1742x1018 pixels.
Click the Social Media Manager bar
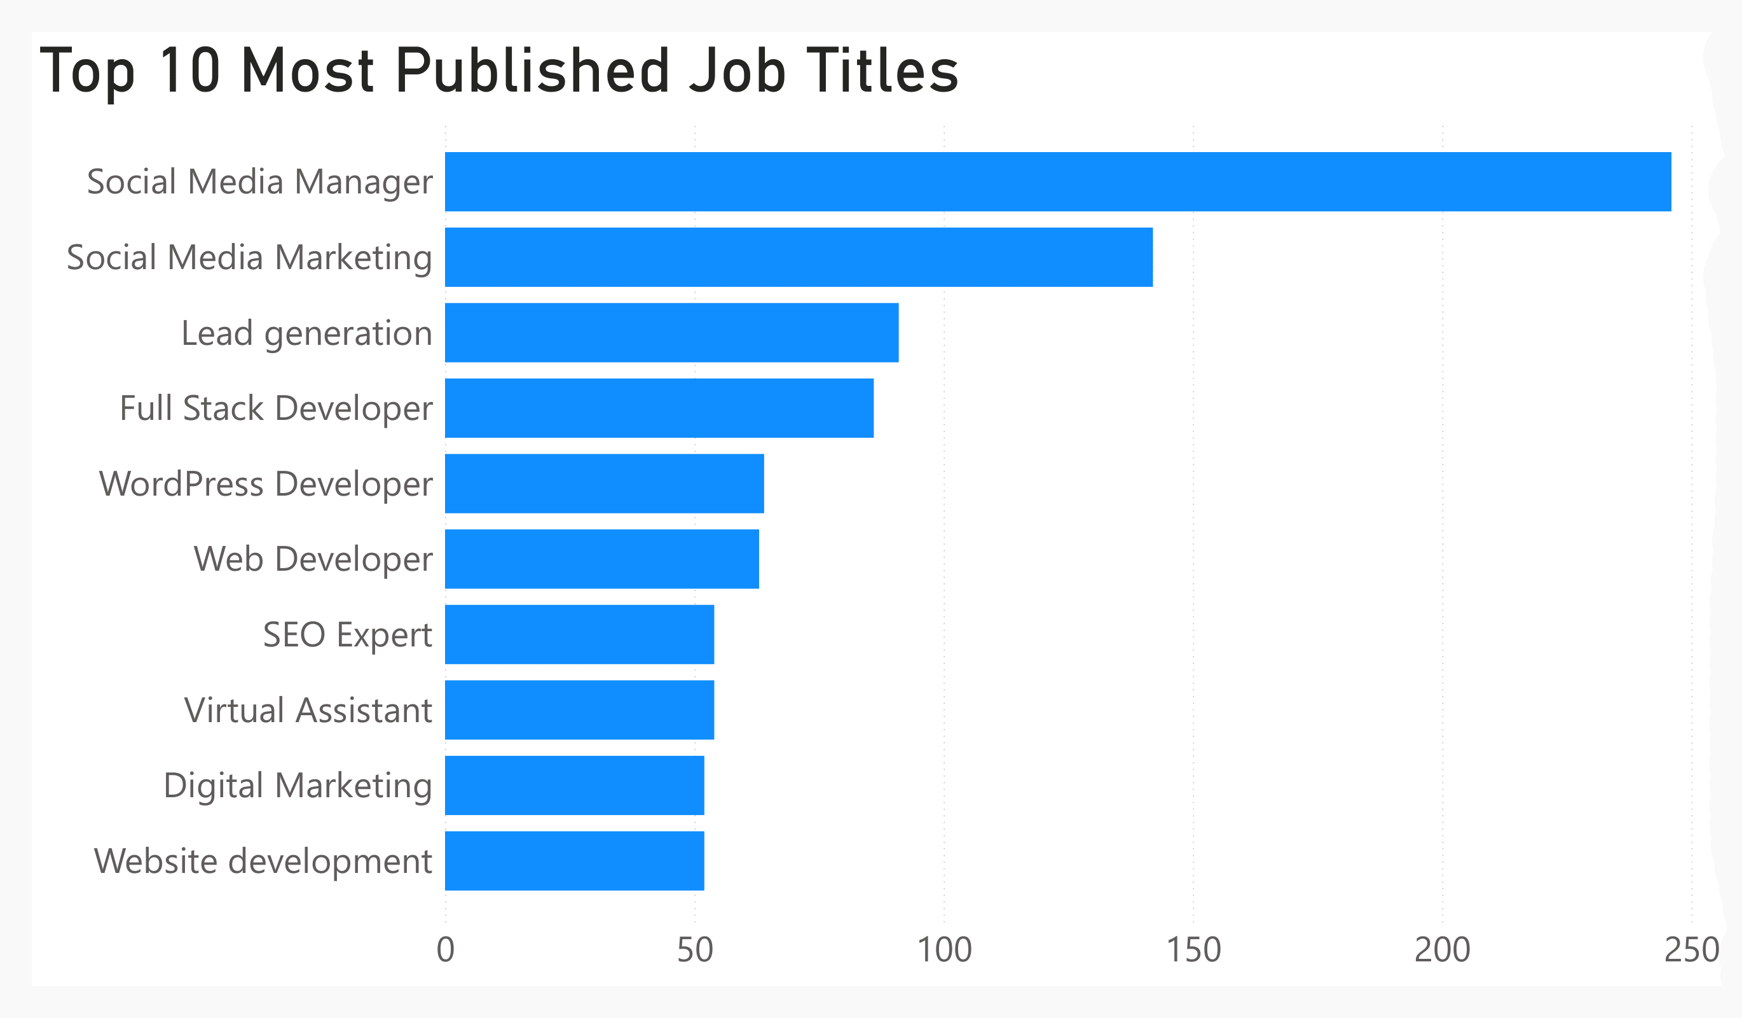1058,182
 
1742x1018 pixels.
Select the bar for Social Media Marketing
799,257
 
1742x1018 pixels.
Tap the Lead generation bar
671,333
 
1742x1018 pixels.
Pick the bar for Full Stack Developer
659,408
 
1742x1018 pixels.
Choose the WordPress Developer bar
604,484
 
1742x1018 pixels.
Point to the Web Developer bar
601,559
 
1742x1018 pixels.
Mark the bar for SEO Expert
579,634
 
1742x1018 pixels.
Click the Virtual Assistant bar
579,709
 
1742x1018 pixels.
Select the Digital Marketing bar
575,785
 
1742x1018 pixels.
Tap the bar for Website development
575,860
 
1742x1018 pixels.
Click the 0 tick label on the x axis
446,950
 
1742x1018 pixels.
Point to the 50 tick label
695,950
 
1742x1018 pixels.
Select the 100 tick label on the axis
943,950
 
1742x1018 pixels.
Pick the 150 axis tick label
1193,950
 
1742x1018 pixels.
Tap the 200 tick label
1442,950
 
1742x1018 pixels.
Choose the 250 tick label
1691,950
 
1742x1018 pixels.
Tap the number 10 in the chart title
189,71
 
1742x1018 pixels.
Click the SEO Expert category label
347,635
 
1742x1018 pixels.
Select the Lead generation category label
306,333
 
